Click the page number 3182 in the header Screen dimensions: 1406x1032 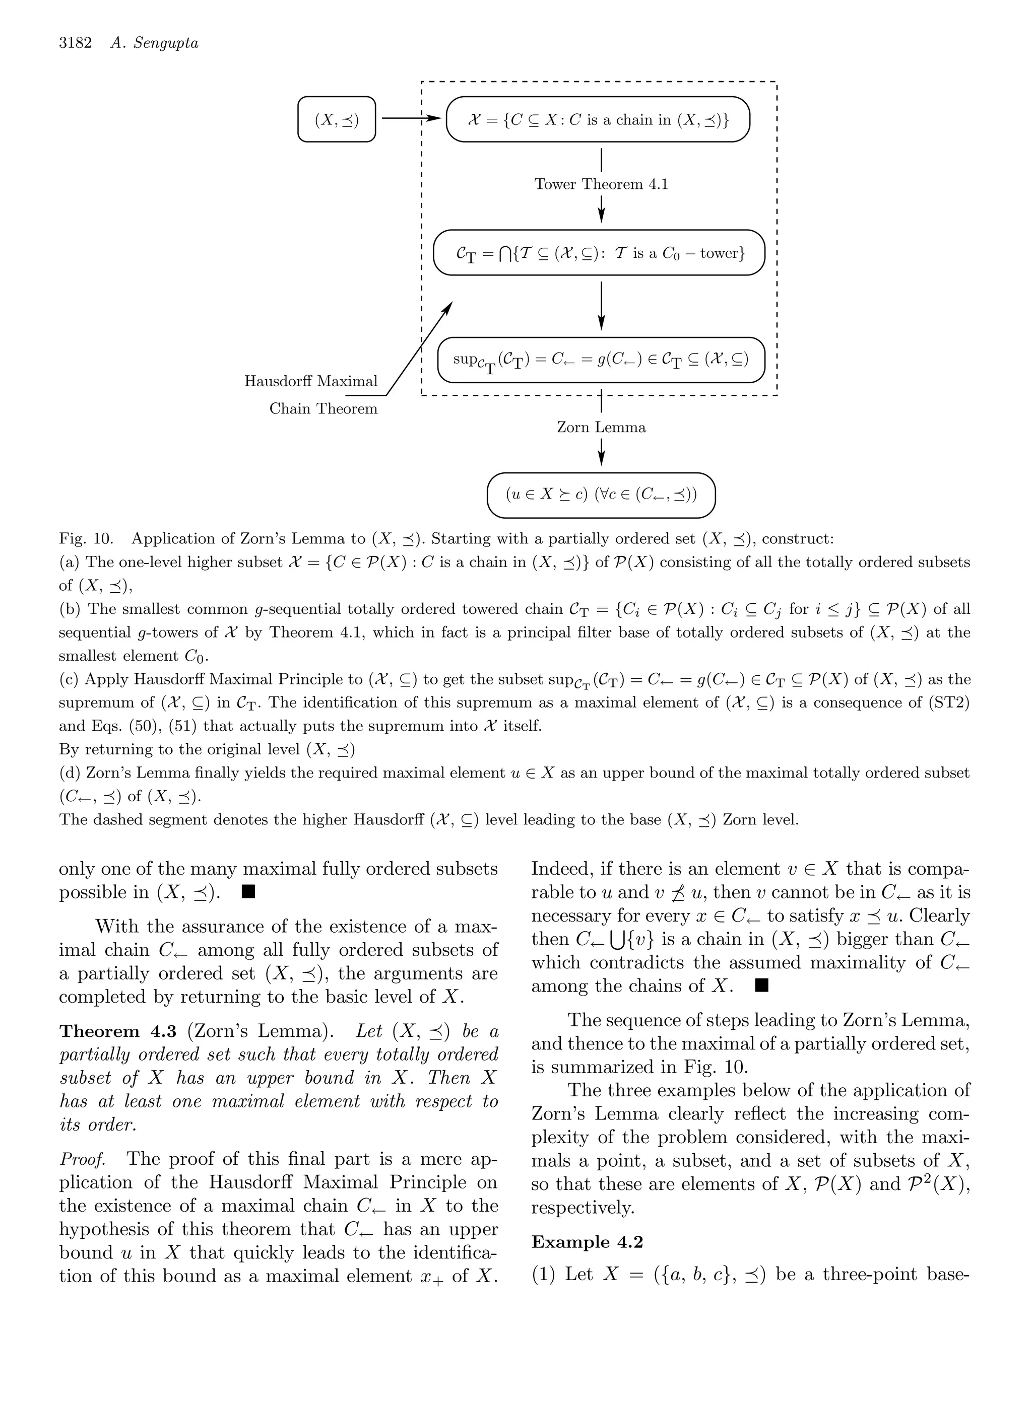[x=75, y=43]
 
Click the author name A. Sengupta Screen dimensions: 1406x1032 [x=154, y=43]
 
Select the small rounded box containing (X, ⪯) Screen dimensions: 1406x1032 [x=337, y=119]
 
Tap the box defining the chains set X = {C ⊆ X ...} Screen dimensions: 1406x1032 [x=598, y=119]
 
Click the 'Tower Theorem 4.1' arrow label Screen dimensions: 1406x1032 [x=601, y=184]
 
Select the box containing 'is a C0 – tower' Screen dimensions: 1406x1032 [x=599, y=253]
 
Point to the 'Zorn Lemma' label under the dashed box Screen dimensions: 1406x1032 [x=601, y=428]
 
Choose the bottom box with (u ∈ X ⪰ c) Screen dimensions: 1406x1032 [x=601, y=495]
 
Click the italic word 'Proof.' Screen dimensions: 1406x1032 [x=82, y=1159]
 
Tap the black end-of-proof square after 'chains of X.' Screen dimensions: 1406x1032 [x=761, y=985]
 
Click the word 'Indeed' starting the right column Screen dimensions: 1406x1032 [x=560, y=869]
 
